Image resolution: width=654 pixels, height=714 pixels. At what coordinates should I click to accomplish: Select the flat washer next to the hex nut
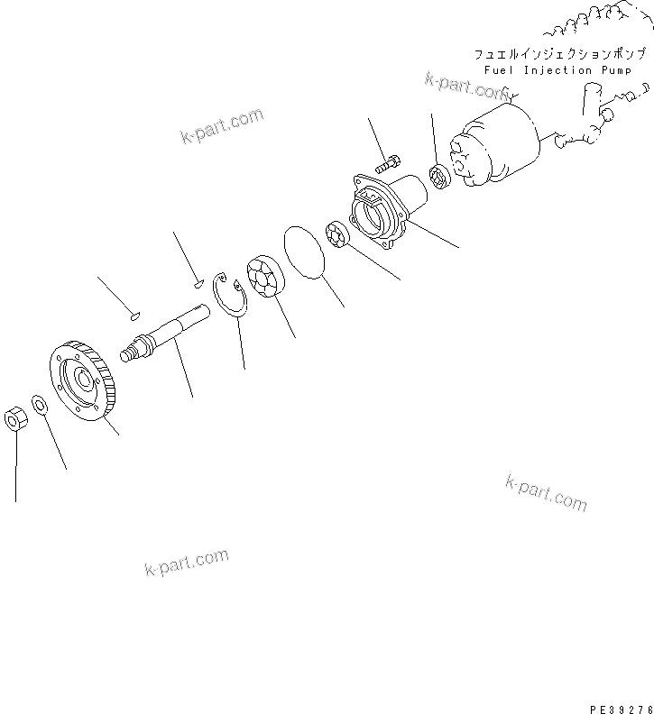(40, 403)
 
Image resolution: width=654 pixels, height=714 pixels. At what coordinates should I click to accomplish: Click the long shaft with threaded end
(167, 330)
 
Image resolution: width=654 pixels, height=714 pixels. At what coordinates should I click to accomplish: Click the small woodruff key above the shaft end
(133, 316)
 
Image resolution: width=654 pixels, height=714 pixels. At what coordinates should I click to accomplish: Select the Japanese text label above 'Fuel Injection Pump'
(559, 54)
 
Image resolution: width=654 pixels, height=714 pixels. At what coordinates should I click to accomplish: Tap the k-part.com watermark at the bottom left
(186, 563)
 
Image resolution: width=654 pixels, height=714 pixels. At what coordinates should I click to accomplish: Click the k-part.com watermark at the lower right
(546, 492)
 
